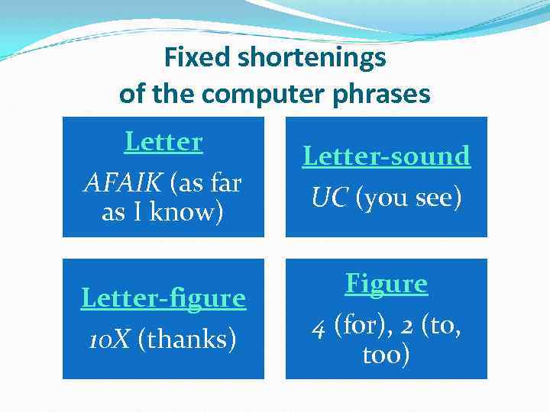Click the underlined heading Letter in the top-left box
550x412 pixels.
coord(163,142)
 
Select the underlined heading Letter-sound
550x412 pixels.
coord(387,156)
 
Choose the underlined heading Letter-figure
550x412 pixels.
coord(163,298)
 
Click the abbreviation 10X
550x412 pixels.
coord(111,339)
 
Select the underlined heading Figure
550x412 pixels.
coord(387,284)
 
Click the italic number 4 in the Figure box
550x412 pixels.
coord(318,327)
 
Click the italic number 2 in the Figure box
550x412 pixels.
coord(409,327)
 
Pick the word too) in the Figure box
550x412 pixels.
coord(387,355)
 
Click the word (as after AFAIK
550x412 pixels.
coord(185,182)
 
